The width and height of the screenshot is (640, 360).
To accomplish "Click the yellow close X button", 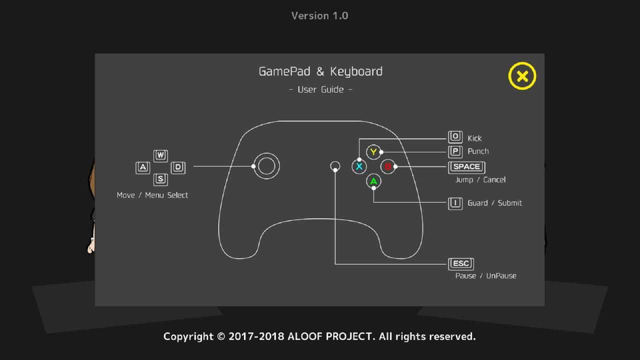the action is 522,76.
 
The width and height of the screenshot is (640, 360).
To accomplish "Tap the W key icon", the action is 160,155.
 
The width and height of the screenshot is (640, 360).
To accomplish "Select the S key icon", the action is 160,179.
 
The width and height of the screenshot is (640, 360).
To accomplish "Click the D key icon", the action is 178,167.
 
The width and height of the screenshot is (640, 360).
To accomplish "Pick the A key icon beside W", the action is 142,167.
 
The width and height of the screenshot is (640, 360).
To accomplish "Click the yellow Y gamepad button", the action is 373,152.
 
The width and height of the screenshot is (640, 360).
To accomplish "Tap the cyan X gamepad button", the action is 359,166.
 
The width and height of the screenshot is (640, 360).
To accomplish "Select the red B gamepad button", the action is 387,166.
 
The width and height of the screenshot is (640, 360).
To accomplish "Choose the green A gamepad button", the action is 373,181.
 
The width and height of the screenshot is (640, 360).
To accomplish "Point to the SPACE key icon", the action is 466,167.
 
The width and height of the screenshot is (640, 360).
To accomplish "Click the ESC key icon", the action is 461,264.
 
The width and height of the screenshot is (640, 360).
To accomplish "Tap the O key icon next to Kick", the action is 455,137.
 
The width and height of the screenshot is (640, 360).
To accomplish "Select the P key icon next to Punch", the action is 455,151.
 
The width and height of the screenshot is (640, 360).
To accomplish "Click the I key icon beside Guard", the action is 455,203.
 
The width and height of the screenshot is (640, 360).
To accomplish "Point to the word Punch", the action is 478,151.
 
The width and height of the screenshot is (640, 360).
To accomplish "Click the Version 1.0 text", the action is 319,16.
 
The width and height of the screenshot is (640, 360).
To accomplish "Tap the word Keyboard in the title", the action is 356,71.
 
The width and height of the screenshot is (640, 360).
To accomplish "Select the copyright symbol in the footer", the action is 221,336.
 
